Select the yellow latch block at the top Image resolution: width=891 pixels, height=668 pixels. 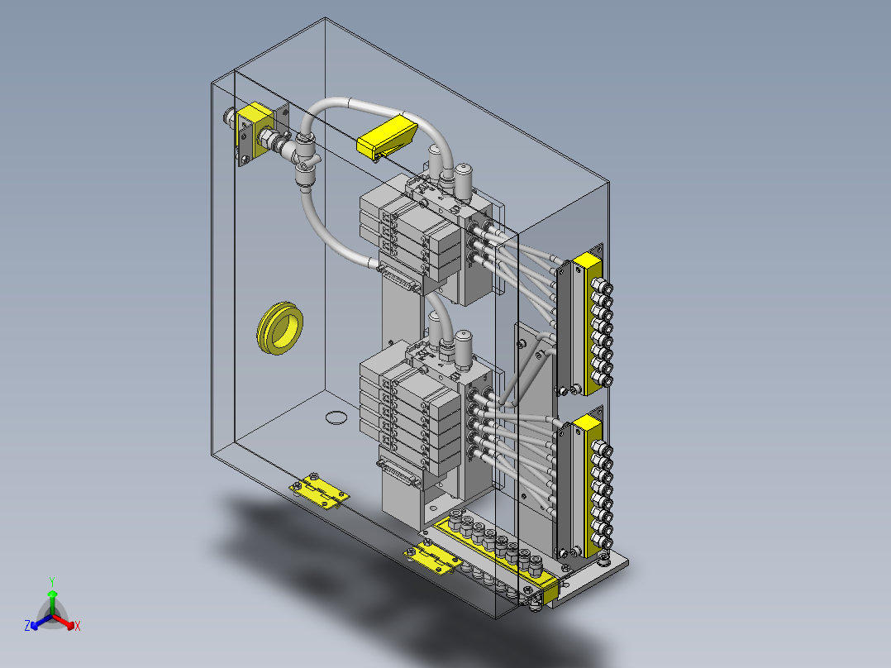tap(387, 136)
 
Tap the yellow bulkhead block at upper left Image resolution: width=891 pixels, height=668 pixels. tap(255, 130)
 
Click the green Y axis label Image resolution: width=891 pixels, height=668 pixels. tap(52, 581)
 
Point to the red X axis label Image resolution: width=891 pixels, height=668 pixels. tap(78, 626)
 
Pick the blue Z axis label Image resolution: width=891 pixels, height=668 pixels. tap(26, 625)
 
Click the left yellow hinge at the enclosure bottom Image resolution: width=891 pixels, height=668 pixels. tap(319, 490)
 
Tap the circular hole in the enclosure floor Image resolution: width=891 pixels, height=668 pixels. tap(336, 417)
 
